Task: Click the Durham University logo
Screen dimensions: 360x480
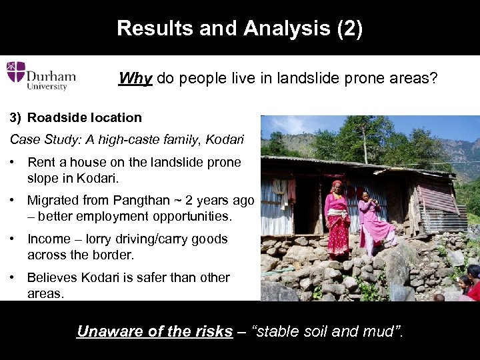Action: click(41, 75)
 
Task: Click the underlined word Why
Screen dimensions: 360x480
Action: click(135, 79)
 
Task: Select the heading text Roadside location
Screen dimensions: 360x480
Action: click(85, 117)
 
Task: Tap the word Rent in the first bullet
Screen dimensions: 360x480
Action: click(41, 162)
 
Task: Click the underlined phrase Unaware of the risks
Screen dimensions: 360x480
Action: click(155, 331)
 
